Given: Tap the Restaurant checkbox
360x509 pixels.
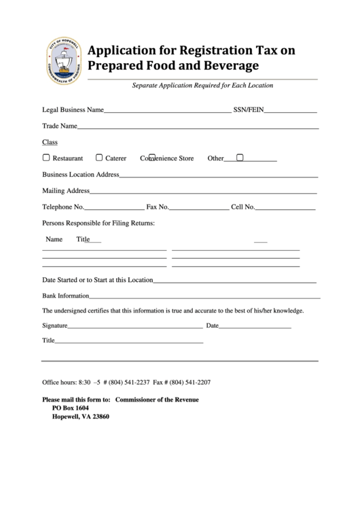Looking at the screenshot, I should (x=46, y=158).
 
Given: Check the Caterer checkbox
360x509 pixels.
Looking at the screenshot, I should (x=99, y=158).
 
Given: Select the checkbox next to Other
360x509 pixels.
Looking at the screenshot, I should (x=240, y=158).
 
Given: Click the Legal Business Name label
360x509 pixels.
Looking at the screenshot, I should (x=73, y=109).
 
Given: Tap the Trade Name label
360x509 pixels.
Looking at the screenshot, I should (x=59, y=126).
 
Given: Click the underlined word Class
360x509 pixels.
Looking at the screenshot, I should (x=50, y=142).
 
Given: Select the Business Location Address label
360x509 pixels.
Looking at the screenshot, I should (x=81, y=174).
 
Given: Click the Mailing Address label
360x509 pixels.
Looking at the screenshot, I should (x=66, y=190).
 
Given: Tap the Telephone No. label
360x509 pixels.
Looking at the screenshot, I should (x=63, y=207).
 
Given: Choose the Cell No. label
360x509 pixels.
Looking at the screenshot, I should (x=243, y=207).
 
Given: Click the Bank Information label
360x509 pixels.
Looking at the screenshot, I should (x=66, y=296).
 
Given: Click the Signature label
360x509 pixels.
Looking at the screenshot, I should (x=55, y=326).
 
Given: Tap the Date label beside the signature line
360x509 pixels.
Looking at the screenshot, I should (x=213, y=326).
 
